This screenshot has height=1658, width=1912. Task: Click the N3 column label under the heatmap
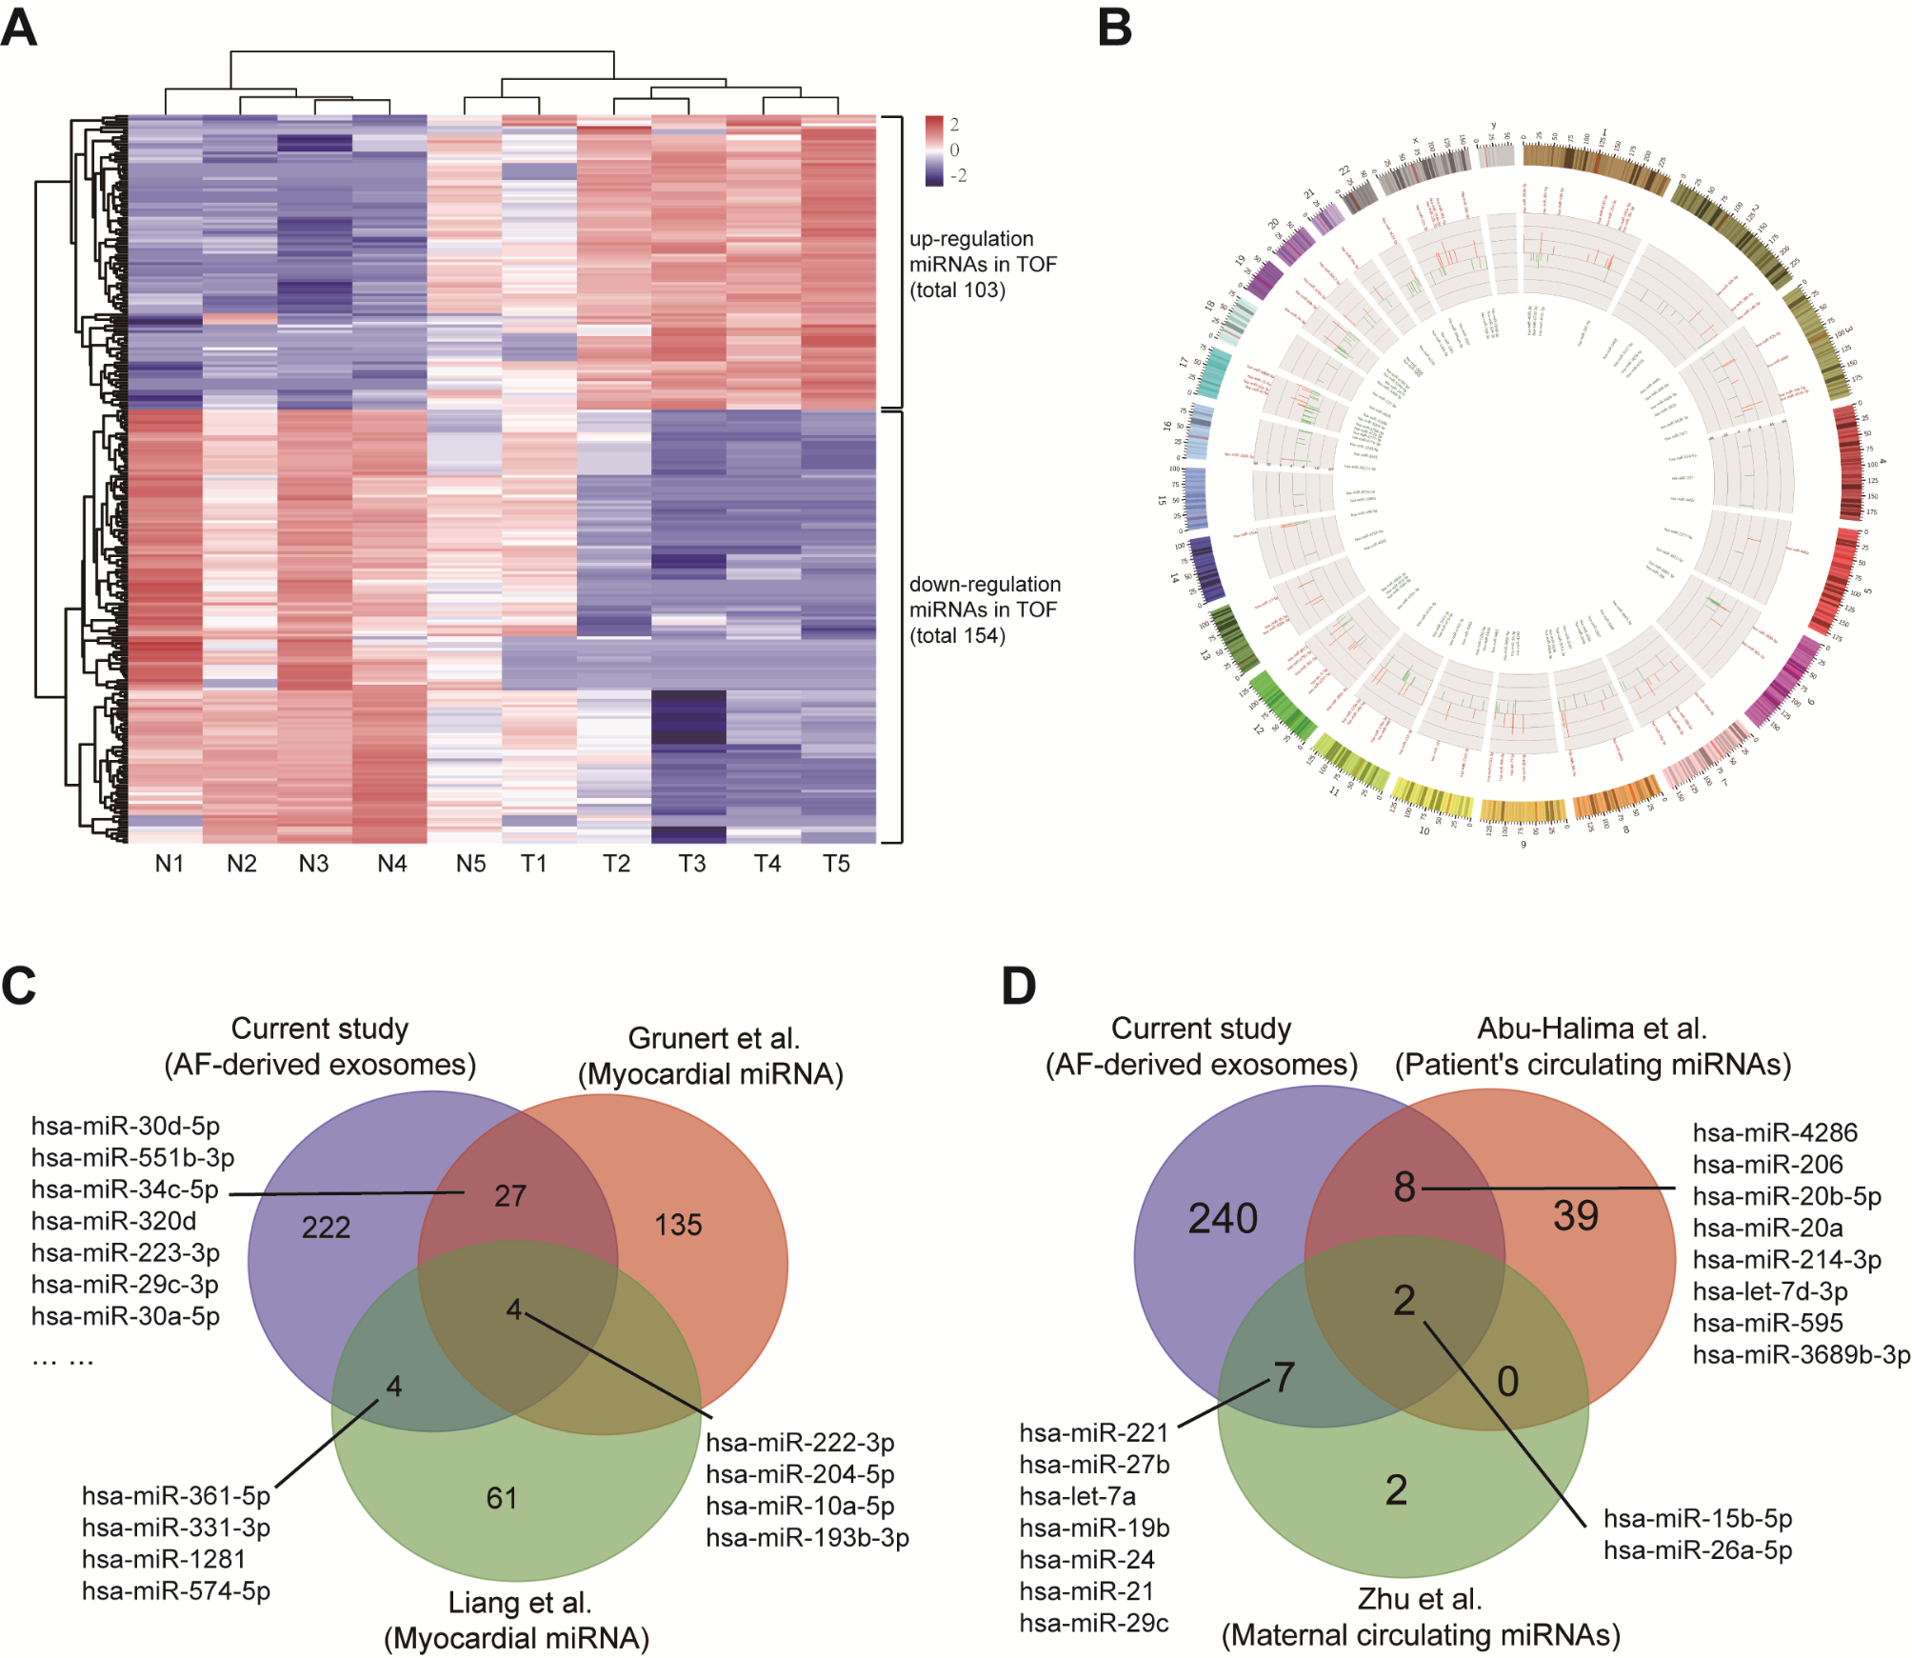point(313,864)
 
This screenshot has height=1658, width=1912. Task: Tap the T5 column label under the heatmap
point(836,864)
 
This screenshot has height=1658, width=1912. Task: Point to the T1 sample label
point(534,864)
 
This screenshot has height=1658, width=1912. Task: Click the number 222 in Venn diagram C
point(326,1228)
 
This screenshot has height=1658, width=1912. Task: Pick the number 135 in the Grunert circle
point(678,1225)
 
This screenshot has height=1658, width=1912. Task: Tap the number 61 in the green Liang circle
point(502,1498)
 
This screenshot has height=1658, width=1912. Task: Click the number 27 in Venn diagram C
point(510,1196)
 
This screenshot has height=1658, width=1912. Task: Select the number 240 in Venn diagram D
point(1223,1219)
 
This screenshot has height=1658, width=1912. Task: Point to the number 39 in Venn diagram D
point(1576,1216)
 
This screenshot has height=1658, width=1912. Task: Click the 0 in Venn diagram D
point(1507,1382)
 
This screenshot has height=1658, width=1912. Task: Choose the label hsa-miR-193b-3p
point(807,1538)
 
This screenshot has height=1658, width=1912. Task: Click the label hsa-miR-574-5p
point(176,1591)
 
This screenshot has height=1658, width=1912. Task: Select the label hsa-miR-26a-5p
point(1698,1550)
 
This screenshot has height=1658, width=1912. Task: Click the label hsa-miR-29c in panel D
point(1094,1623)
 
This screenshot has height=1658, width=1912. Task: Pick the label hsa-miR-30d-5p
point(126,1127)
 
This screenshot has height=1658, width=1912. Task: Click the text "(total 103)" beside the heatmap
point(957,290)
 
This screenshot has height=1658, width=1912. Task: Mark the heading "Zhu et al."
point(1420,1599)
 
